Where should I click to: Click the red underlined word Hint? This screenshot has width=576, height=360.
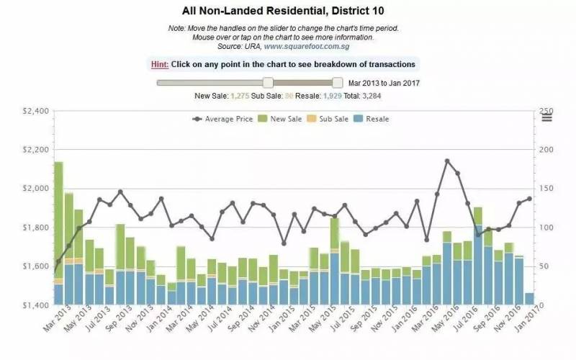coord(160,64)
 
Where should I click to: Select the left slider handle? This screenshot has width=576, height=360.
coord(268,82)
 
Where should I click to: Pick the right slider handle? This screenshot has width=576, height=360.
coord(337,82)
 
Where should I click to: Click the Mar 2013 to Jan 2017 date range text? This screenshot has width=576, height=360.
coord(384,83)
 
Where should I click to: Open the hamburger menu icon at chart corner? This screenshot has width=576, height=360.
coord(546,118)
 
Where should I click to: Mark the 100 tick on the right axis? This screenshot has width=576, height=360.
coord(541,228)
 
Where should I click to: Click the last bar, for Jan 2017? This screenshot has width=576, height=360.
coord(530,299)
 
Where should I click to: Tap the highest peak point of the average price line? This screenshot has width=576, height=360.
coord(447,161)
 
